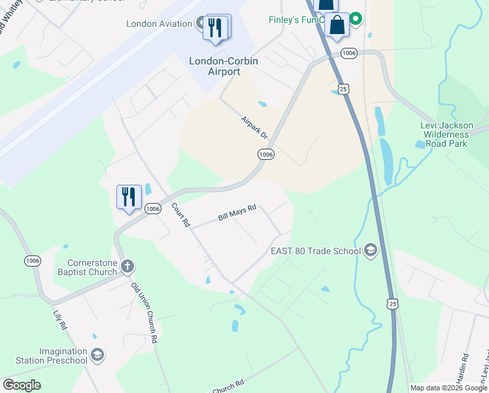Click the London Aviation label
pyautogui.click(x=160, y=24)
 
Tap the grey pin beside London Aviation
pyautogui.click(x=203, y=24)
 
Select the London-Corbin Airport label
pyautogui.click(x=224, y=66)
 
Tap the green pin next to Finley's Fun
pyautogui.click(x=356, y=19)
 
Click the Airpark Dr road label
pyautogui.click(x=254, y=128)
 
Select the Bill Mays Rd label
pyautogui.click(x=237, y=215)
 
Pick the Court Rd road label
pyautogui.click(x=180, y=215)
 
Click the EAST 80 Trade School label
pyautogui.click(x=316, y=251)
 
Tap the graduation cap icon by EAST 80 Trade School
pyautogui.click(x=371, y=250)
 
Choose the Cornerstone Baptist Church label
pyautogui.click(x=86, y=267)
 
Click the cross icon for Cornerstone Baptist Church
pyautogui.click(x=127, y=267)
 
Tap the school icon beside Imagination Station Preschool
pyautogui.click(x=97, y=355)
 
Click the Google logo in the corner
pyautogui.click(x=22, y=385)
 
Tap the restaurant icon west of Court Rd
pyautogui.click(x=129, y=196)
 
